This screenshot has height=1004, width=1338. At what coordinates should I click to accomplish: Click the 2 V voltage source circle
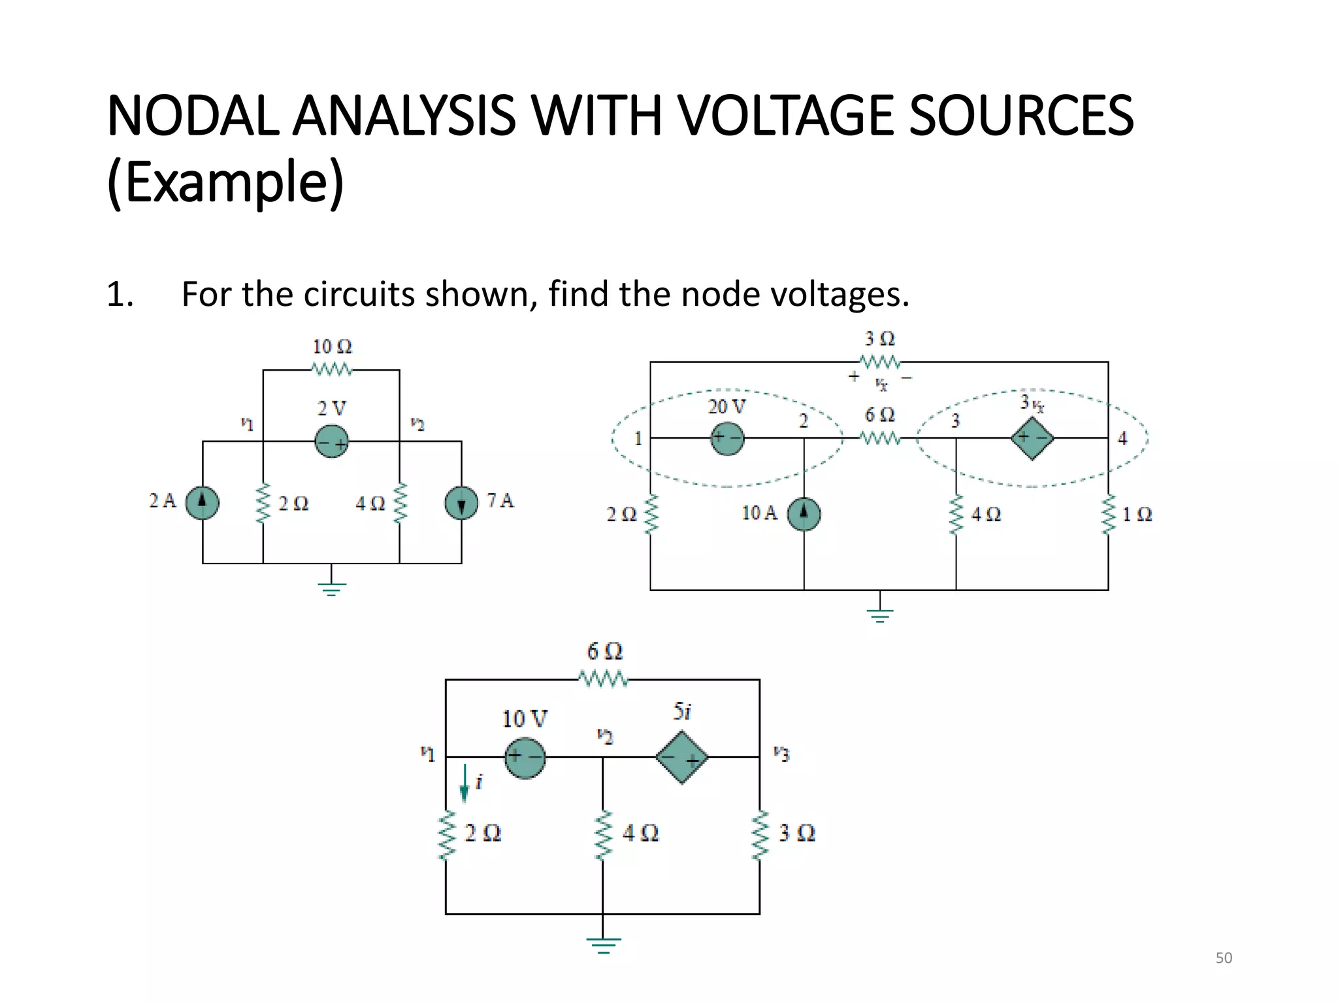(x=331, y=441)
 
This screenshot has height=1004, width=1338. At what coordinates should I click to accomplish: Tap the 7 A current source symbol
(x=461, y=503)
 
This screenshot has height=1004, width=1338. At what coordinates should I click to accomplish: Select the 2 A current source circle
(x=203, y=503)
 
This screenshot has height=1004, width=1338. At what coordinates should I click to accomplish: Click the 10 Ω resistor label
(x=332, y=346)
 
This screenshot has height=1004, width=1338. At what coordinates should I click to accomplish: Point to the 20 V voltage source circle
(x=727, y=438)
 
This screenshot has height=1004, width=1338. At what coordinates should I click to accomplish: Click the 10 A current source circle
(x=804, y=514)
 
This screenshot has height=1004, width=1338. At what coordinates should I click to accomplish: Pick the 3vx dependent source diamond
(x=1032, y=437)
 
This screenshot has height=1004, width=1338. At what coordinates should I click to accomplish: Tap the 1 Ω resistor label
(x=1137, y=514)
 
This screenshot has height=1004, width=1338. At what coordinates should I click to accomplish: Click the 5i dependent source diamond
(x=681, y=757)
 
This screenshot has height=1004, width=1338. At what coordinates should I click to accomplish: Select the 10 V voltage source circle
(x=525, y=758)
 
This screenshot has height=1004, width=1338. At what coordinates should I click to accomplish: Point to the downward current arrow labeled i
(x=465, y=782)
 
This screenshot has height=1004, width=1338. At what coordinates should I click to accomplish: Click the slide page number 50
(x=1224, y=958)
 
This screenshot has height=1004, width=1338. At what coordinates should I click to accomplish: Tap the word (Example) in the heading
(x=225, y=182)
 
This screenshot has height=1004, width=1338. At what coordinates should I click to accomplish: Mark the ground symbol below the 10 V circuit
(x=603, y=945)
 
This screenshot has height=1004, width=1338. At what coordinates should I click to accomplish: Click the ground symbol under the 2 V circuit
(x=331, y=588)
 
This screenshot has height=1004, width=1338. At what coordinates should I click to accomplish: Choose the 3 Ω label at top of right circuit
(x=879, y=339)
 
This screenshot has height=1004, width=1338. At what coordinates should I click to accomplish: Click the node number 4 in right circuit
(x=1122, y=438)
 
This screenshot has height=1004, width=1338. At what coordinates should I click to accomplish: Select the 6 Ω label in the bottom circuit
(x=604, y=651)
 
